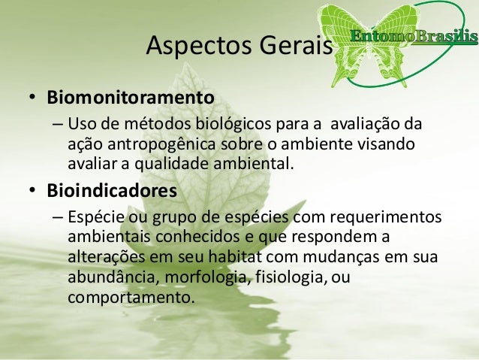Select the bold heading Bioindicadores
point(112,191)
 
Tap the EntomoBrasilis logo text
point(413,35)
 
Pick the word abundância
point(105,277)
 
